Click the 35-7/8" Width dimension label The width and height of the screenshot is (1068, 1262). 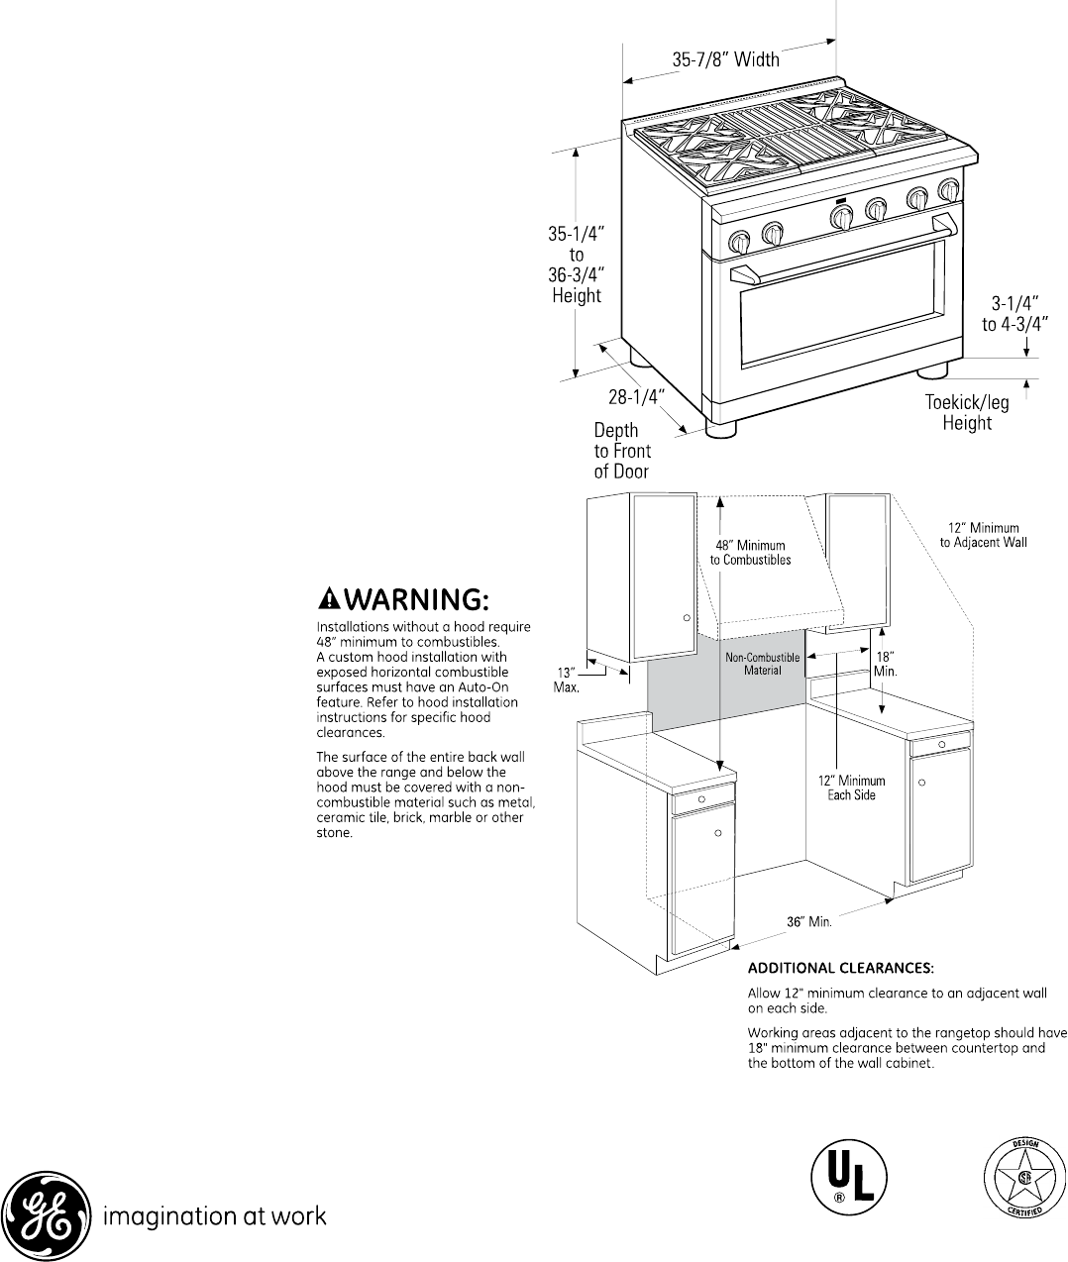pos(725,59)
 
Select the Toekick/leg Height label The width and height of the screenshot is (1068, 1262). pos(967,413)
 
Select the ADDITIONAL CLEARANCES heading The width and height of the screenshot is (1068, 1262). pos(840,967)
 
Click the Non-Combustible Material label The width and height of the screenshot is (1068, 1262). pos(763,664)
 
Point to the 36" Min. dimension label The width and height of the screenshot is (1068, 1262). pos(808,921)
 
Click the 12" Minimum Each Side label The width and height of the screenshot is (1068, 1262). pos(851,788)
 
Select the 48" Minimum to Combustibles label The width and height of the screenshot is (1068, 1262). pos(750,552)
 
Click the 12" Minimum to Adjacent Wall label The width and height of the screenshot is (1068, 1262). pos(983,535)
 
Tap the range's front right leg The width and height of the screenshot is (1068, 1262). pos(931,372)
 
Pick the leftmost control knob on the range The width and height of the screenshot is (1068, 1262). pos(739,243)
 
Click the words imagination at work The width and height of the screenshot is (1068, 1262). pos(215,1215)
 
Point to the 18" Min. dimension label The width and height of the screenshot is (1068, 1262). pos(885,663)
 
